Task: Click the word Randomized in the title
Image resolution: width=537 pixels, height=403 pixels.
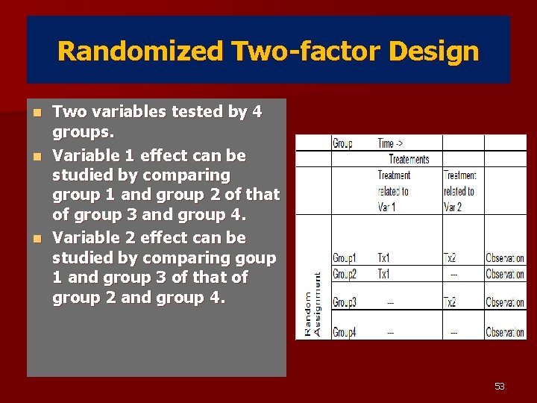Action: [139, 51]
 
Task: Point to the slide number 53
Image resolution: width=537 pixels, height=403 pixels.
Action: [499, 386]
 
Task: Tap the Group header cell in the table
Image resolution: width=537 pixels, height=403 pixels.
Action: [342, 143]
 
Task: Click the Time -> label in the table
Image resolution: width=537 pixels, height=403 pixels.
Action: [391, 143]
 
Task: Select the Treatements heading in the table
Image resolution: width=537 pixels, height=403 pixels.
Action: [409, 159]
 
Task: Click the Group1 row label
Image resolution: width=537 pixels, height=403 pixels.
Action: [344, 258]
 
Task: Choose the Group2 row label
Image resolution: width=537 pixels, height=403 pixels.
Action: [344, 274]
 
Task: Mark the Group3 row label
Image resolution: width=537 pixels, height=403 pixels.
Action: [344, 302]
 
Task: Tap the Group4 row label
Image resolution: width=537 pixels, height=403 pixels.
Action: [344, 332]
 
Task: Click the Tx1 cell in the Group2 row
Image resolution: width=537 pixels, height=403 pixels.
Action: [383, 274]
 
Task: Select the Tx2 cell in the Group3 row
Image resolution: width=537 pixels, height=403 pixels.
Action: [450, 302]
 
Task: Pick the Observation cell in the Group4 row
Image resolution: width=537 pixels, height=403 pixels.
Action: [504, 332]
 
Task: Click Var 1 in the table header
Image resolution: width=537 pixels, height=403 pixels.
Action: [386, 207]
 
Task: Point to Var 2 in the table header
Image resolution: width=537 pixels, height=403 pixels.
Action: [453, 207]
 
